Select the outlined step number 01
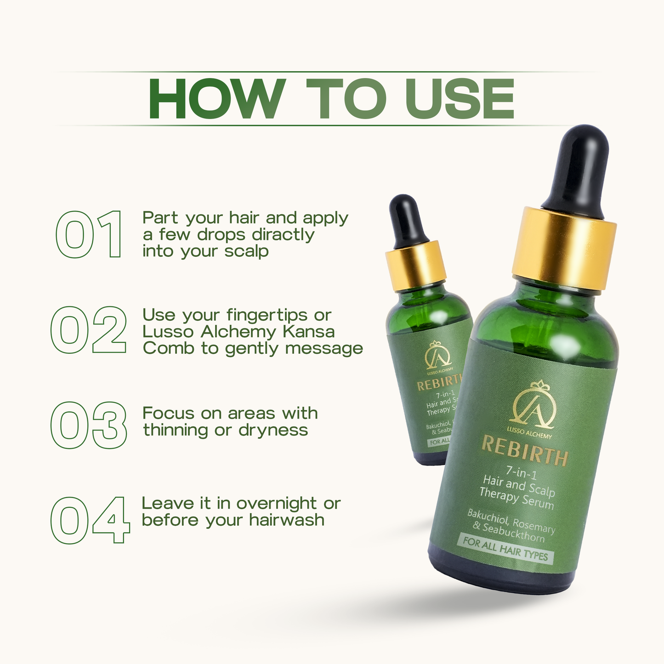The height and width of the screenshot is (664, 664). coord(90,234)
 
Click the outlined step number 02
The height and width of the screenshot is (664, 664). coord(88,330)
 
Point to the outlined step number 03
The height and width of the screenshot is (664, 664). coord(88,425)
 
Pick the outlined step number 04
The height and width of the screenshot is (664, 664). coord(90,520)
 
